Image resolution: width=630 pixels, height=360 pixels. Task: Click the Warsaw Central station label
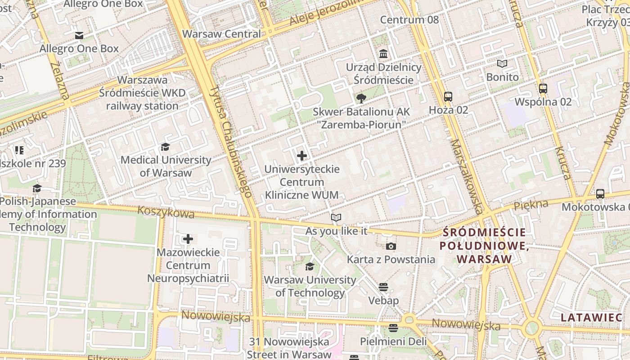221,34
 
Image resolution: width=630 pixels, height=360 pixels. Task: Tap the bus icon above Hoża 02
448,96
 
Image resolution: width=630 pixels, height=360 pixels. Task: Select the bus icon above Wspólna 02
543,88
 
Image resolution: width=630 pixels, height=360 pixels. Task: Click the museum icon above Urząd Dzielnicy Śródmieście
383,54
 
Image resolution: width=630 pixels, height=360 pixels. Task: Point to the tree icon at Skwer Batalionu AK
361,99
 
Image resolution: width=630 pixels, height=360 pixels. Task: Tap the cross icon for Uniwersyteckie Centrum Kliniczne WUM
302,156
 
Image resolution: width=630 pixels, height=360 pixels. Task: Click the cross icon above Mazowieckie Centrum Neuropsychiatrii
188,239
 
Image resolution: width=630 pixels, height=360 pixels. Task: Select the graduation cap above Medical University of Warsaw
166,147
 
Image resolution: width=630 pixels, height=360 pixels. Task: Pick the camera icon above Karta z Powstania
391,246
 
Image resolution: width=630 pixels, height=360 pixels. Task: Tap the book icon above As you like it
336,218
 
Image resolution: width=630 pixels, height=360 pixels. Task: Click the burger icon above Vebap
383,287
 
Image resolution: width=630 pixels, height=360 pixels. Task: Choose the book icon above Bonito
502,64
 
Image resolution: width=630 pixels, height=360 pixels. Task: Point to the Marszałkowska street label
467,175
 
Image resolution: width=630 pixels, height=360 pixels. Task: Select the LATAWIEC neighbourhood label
591,317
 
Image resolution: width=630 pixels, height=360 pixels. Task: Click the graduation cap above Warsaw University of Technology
310,267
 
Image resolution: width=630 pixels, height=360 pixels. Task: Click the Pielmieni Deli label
393,342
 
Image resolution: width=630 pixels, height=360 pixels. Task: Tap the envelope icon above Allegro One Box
79,36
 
